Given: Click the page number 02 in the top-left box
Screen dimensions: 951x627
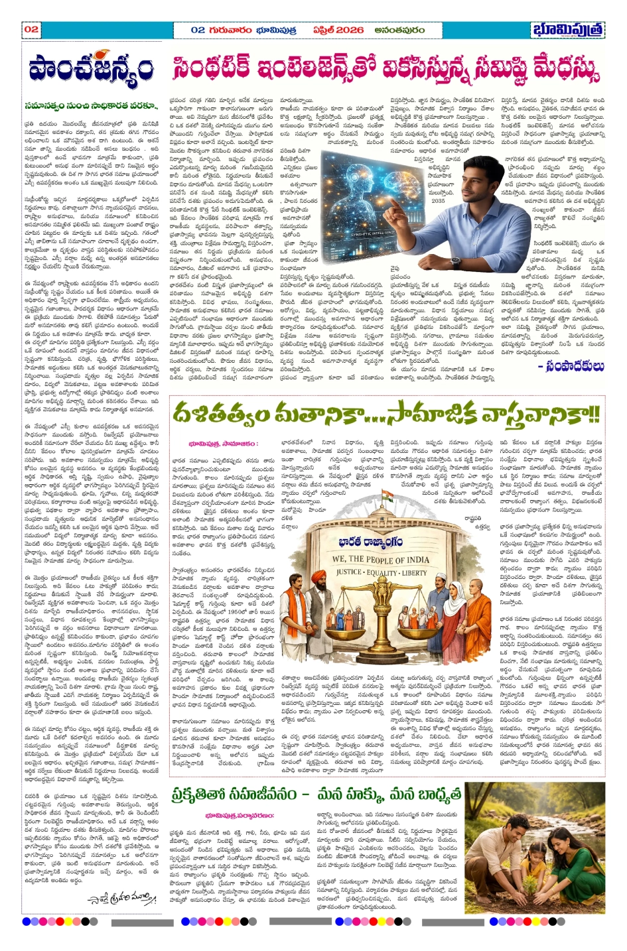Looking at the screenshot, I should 32,30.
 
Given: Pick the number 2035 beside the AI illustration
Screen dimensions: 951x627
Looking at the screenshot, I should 439,200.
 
